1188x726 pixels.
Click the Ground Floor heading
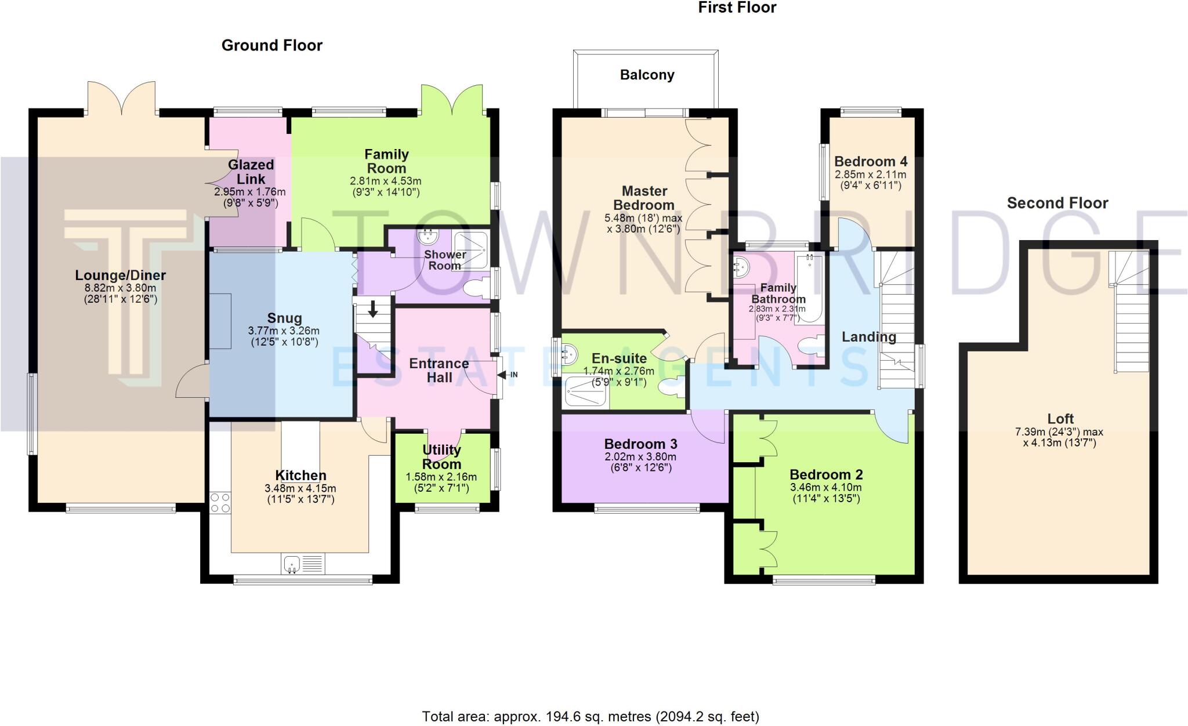271,45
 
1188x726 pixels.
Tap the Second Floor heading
1057,203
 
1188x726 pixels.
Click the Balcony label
647,75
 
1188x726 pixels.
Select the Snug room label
284,318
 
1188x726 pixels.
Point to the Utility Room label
441,457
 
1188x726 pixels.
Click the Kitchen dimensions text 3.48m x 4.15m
300,488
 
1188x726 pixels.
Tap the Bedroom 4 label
871,161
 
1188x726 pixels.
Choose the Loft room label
1060,419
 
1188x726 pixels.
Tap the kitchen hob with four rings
220,503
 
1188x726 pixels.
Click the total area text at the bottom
590,717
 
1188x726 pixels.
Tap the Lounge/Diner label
121,275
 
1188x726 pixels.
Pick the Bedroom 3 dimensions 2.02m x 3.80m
640,456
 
